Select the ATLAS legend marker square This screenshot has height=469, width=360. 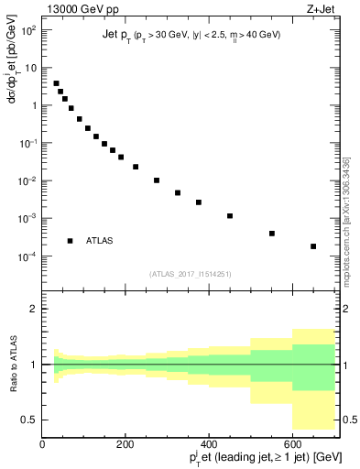[70, 241]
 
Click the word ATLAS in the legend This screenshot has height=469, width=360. [100, 241]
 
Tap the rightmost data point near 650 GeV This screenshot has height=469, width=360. [313, 246]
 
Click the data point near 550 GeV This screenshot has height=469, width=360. [272, 234]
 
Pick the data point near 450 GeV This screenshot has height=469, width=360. [230, 216]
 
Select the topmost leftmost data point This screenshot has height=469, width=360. [56, 83]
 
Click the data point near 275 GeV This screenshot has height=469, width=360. [157, 180]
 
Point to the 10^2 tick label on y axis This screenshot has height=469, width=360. [27, 29]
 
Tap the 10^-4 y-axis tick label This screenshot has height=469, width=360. [27, 256]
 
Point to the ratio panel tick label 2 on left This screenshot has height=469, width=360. [33, 310]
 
